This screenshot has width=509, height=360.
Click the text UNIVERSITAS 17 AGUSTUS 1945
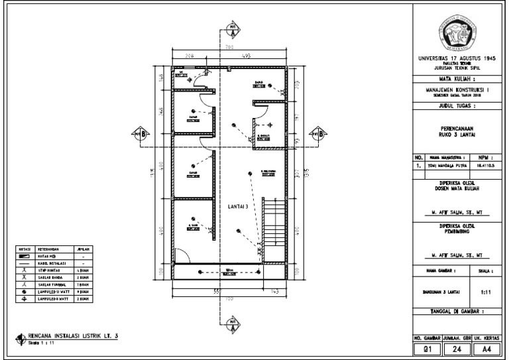point(458,58)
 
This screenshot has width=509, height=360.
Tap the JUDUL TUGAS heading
point(458,105)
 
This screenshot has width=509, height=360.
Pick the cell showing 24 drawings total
point(458,347)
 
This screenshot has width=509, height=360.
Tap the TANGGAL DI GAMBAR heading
point(458,311)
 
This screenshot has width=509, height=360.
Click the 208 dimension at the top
point(189,56)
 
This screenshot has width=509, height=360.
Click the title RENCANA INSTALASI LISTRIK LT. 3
point(72,337)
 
